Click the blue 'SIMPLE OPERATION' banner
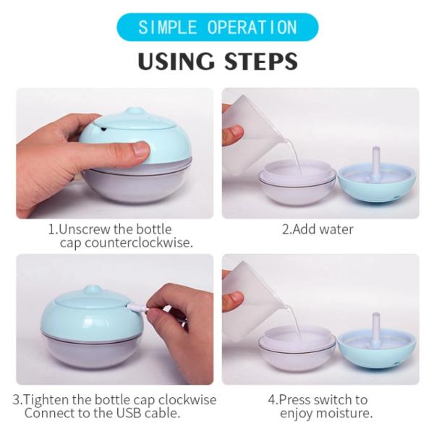(x=217, y=27)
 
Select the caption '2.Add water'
(x=318, y=229)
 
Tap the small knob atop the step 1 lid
(x=135, y=112)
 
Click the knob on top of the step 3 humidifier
(x=95, y=290)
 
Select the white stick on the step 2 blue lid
(x=375, y=158)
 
